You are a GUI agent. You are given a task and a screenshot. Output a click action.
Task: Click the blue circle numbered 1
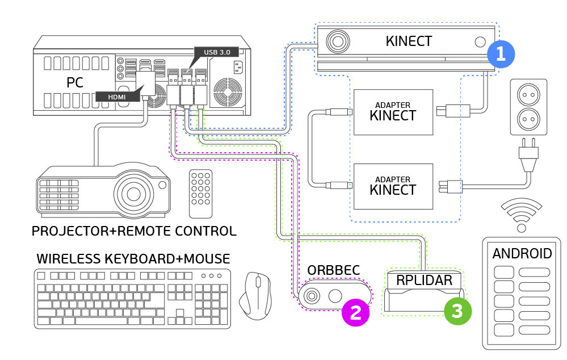[501, 54]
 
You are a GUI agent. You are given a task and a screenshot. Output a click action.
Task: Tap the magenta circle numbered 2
[355, 313]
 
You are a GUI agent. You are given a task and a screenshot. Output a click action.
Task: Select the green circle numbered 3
[457, 311]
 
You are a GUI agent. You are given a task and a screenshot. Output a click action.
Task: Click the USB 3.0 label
[217, 52]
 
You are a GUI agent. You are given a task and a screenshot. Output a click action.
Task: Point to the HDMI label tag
[116, 97]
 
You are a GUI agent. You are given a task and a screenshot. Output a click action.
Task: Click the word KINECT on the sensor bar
[409, 41]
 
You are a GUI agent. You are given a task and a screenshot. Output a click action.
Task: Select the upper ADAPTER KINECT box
[393, 112]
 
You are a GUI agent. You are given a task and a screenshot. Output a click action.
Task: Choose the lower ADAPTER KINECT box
[393, 186]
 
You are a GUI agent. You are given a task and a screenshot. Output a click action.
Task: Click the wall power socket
[529, 107]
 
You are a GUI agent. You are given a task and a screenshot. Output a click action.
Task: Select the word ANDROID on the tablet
[522, 254]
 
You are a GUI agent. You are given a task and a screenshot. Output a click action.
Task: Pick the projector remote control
[200, 194]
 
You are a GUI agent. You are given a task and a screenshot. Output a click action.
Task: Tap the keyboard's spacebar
[113, 321]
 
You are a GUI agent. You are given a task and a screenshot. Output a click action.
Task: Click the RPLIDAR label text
[425, 280]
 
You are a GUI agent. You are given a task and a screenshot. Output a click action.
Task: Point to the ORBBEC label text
[334, 270]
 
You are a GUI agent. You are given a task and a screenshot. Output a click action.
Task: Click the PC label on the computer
[74, 82]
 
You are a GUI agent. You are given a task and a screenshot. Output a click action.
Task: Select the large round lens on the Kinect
[338, 41]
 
